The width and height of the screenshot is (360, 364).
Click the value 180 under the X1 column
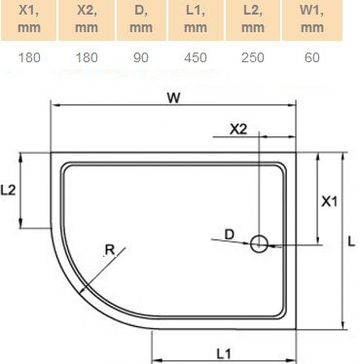tap(29, 58)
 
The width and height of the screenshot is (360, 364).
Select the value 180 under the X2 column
tap(85, 58)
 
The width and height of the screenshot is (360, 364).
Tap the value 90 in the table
tap(140, 58)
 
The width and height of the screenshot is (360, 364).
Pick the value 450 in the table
tap(196, 58)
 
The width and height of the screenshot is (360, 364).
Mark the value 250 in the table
tap(252, 58)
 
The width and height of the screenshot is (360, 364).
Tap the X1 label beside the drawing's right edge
tap(329, 202)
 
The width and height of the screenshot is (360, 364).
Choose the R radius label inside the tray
tap(110, 250)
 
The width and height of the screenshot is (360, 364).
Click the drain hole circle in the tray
tap(260, 244)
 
